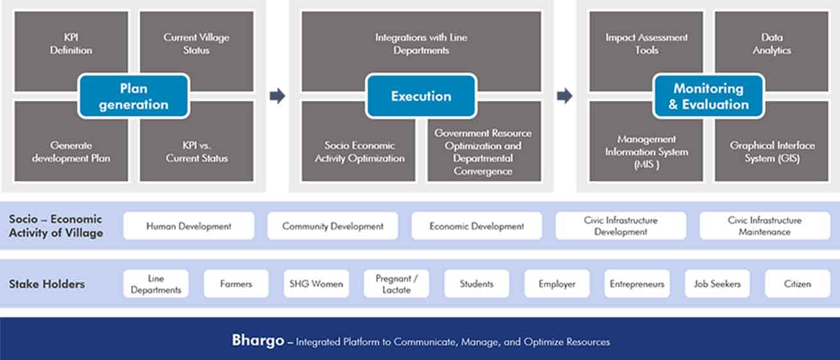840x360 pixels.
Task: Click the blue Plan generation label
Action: pos(134,96)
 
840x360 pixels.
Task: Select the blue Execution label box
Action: pos(421,96)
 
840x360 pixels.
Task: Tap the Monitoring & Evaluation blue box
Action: pos(708,96)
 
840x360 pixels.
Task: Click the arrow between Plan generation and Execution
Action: pos(277,96)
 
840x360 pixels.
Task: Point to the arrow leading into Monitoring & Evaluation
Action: pos(564,96)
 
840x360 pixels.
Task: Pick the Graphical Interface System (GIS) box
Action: pos(771,151)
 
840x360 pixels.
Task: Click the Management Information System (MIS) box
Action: pos(646,151)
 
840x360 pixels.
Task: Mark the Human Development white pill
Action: pos(189,227)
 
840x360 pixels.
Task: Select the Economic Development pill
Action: pos(477,227)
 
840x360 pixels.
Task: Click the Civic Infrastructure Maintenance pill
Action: pos(764,227)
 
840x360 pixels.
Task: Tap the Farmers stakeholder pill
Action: pos(236,284)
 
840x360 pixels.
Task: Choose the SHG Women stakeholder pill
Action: pos(316,284)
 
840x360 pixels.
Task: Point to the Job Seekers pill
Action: pos(717,284)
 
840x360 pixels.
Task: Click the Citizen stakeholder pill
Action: pos(797,284)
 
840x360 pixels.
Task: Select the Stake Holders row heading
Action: pos(47,284)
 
